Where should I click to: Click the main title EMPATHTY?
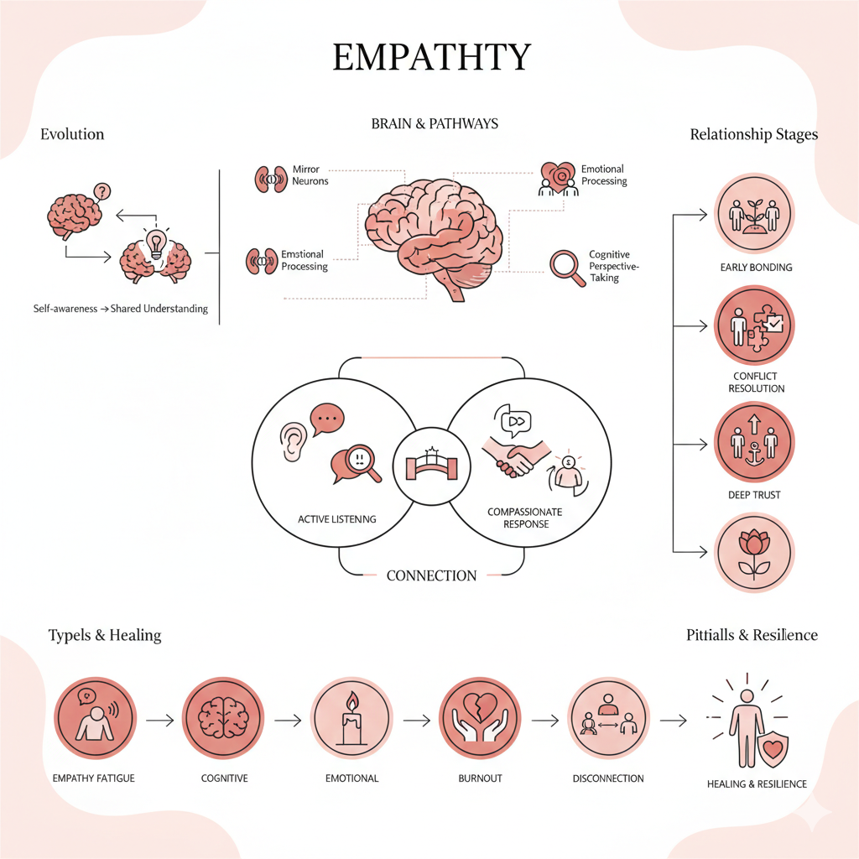[x=432, y=57]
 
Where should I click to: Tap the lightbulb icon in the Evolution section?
[x=154, y=243]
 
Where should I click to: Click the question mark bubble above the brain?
[x=102, y=192]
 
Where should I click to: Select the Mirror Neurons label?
[x=310, y=175]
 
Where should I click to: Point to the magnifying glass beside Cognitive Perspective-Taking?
[x=566, y=268]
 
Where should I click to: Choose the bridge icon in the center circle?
[x=429, y=464]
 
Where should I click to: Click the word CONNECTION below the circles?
[x=431, y=576]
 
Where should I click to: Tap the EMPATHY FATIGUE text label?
[x=93, y=778]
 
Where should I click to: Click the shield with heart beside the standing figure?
[x=771, y=747]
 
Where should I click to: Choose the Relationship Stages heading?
[x=753, y=134]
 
